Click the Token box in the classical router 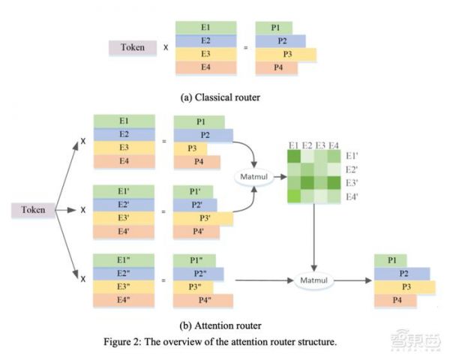(x=133, y=48)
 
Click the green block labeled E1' (x=124, y=191)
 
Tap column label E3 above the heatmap (x=320, y=145)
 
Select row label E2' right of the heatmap (x=352, y=169)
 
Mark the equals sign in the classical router (x=245, y=48)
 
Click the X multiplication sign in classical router (x=166, y=48)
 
